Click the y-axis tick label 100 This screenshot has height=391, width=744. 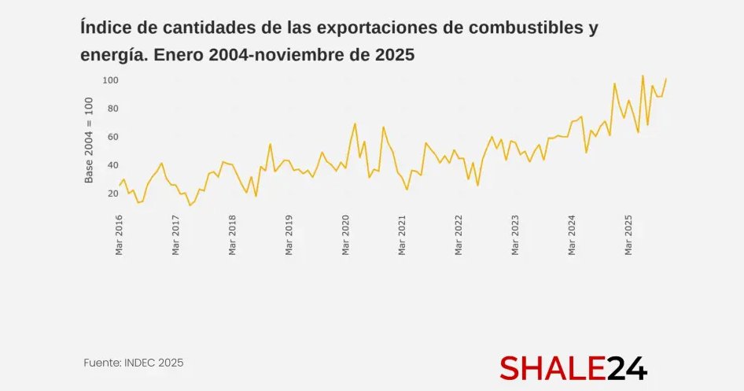(x=110, y=80)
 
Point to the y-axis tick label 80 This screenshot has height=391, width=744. (x=112, y=109)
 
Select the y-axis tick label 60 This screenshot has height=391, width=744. (x=112, y=137)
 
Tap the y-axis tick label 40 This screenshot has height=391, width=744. (x=112, y=165)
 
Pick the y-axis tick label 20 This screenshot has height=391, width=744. (x=112, y=194)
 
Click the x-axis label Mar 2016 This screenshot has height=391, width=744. (x=120, y=236)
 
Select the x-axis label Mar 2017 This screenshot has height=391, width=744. (x=176, y=236)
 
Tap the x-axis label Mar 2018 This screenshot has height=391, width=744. (x=233, y=236)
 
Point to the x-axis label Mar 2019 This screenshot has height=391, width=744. (x=289, y=236)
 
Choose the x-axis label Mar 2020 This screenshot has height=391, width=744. (x=346, y=236)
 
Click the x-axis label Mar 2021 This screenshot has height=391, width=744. (x=403, y=236)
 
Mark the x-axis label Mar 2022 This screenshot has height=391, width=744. (x=459, y=236)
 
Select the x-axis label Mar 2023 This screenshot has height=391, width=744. (x=516, y=236)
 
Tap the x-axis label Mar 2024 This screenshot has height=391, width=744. (x=573, y=236)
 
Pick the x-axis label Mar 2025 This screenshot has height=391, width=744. (x=629, y=236)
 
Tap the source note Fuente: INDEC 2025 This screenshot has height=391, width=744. (x=134, y=363)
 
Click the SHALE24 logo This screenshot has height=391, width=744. (x=573, y=367)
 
